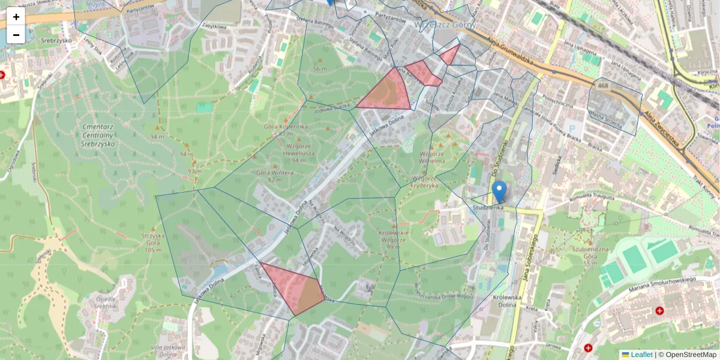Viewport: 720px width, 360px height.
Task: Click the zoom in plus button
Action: tap(16, 17)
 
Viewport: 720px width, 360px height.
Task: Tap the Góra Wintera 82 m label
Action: tap(274, 176)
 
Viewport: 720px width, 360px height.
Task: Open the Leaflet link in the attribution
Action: tap(641, 355)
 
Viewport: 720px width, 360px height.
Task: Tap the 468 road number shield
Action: tap(602, 86)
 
